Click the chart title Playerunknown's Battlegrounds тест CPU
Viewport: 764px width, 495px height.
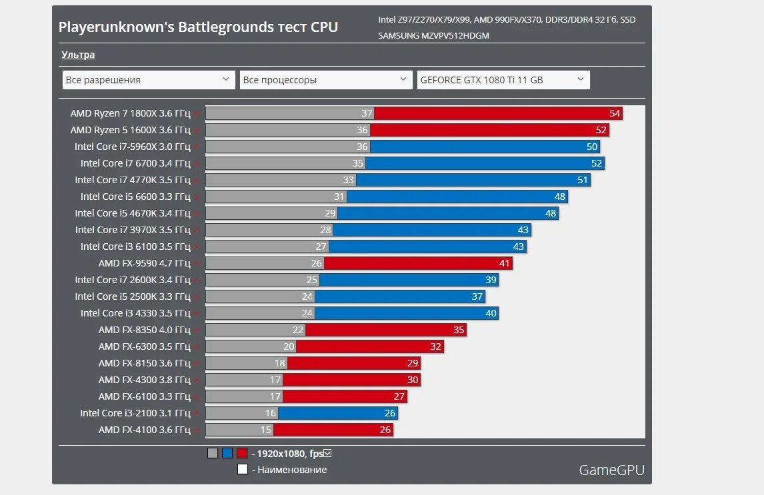[198, 27]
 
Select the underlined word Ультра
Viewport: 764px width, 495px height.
[78, 55]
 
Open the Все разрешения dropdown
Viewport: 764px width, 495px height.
[149, 80]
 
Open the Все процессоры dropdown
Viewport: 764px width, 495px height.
[326, 80]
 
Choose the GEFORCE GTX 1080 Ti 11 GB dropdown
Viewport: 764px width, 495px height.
[503, 80]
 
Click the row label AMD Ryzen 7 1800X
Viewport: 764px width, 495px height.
[130, 113]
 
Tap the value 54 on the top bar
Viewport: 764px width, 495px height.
[615, 113]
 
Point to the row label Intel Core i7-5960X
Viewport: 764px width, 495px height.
[132, 147]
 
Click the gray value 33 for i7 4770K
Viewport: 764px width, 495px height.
[348, 180]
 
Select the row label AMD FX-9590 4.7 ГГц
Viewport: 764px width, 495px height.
[144, 263]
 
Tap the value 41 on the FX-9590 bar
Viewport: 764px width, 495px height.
[504, 263]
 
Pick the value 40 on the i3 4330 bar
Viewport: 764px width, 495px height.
[491, 313]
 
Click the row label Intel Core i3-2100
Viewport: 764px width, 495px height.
[135, 413]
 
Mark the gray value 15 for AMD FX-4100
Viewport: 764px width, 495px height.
[266, 430]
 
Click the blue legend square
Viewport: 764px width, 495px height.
[227, 453]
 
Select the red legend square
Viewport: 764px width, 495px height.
[241, 453]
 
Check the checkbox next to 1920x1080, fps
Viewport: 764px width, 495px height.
[327, 454]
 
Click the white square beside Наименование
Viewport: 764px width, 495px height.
[243, 469]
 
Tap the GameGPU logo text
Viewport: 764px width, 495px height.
[611, 470]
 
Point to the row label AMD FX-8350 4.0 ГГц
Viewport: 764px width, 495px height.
[144, 330]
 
